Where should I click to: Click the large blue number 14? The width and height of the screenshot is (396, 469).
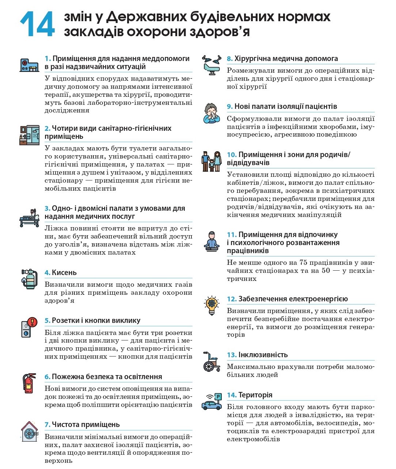coord(37,24)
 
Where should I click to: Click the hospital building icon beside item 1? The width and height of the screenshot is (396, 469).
coord(29,65)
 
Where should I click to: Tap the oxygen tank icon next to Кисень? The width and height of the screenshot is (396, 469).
coord(29,279)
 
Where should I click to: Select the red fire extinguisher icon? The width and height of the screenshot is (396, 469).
coord(29,383)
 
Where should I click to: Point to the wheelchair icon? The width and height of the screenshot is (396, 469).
coord(212,361)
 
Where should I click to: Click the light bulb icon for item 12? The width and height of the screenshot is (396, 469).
coord(212,305)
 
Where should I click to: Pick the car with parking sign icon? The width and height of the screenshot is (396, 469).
coord(212,402)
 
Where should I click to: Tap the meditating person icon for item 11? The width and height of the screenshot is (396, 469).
coord(212,241)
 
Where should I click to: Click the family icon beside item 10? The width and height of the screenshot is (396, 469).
coord(212,161)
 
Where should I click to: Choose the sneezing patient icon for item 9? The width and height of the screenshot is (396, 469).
coord(212,113)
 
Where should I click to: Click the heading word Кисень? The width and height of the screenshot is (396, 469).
coord(64,272)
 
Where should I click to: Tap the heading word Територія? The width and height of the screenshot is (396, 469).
coord(255,395)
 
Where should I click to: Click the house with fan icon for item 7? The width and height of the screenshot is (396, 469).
coord(29,431)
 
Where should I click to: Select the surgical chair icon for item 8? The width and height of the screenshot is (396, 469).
coord(212,65)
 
